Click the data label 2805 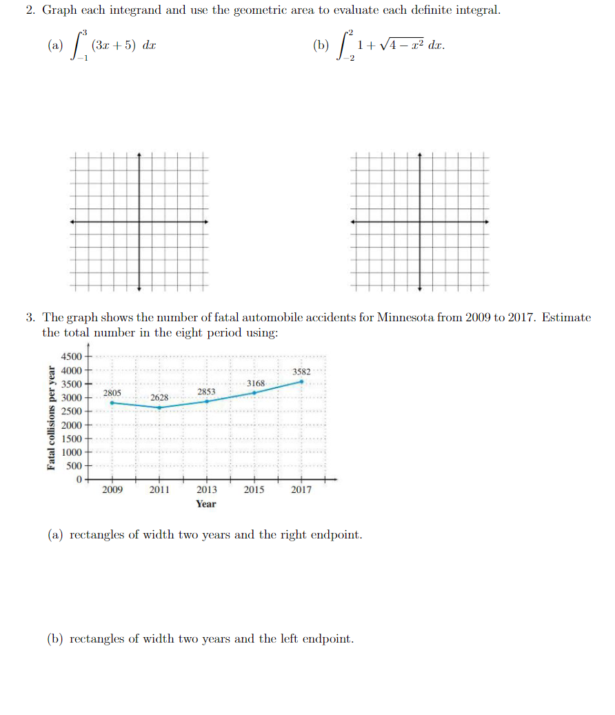(x=112, y=392)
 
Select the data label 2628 (x=160, y=398)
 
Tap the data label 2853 (x=206, y=391)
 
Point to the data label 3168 (x=255, y=383)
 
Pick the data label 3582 (x=301, y=372)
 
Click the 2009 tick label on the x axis (x=112, y=490)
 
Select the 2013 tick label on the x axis (x=206, y=490)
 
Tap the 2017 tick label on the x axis (x=301, y=490)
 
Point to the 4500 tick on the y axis (x=72, y=356)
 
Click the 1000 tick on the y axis (x=72, y=452)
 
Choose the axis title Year (x=205, y=504)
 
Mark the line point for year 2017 (x=301, y=381)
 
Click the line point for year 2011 (x=160, y=407)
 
